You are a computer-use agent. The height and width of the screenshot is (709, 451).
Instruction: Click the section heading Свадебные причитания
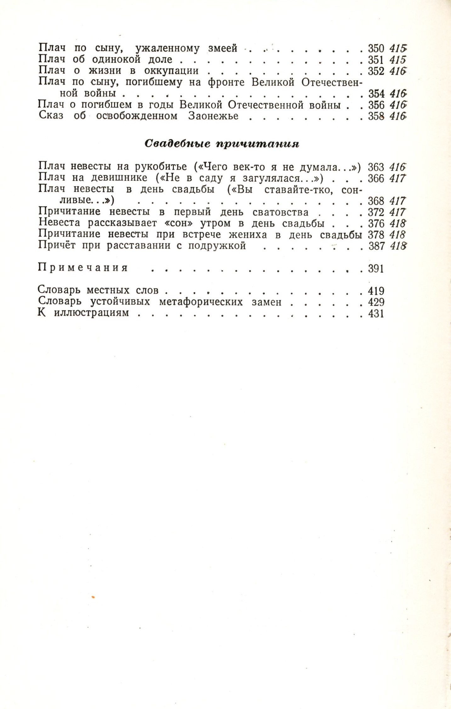pyautogui.click(x=222, y=144)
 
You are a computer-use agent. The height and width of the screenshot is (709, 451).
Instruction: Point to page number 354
pyautogui.click(x=376, y=94)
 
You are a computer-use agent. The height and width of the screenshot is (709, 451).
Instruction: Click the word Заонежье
pyautogui.click(x=213, y=116)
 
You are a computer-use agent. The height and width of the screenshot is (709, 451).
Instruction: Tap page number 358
pyautogui.click(x=376, y=116)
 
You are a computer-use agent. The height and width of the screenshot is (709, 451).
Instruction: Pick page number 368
pyautogui.click(x=376, y=201)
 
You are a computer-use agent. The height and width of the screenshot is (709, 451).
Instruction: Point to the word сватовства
pyautogui.click(x=281, y=212)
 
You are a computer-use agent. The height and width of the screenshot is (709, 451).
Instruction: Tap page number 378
pyautogui.click(x=376, y=235)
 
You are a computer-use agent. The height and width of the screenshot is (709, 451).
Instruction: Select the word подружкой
pyautogui.click(x=217, y=246)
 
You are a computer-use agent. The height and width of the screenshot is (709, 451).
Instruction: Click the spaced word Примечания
pyautogui.click(x=83, y=268)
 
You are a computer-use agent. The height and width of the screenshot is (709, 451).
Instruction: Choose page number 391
pyautogui.click(x=376, y=269)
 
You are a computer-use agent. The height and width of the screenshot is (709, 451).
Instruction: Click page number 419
pyautogui.click(x=376, y=290)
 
